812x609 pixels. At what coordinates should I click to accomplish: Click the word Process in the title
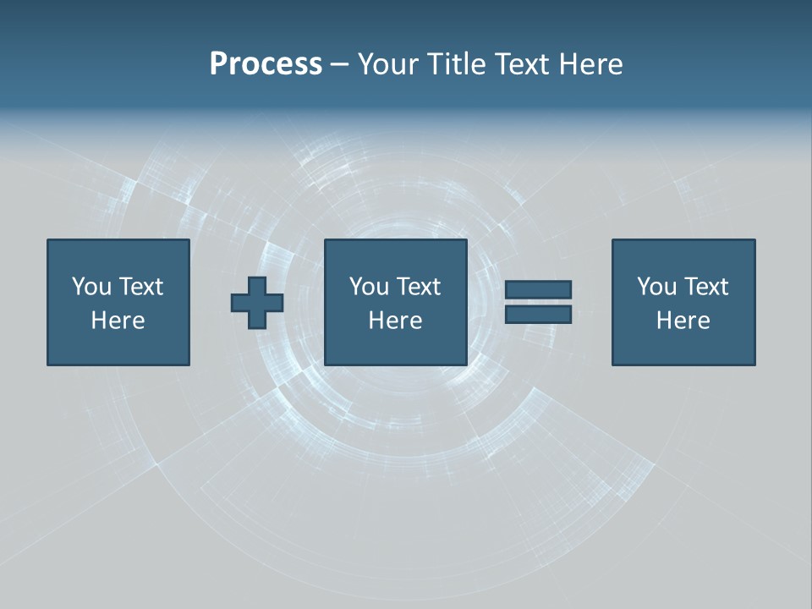(x=266, y=64)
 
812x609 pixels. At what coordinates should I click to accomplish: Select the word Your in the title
(x=388, y=64)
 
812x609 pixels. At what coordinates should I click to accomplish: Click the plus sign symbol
(x=257, y=303)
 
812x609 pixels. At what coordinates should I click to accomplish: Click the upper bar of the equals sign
(x=538, y=289)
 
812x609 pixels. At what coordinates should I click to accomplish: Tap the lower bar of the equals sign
(x=538, y=315)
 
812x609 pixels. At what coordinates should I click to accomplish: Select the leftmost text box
(x=118, y=302)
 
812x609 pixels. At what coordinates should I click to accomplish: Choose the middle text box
(x=396, y=302)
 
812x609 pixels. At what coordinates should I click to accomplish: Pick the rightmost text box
(x=683, y=302)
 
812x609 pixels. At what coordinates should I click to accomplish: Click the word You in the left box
(x=91, y=287)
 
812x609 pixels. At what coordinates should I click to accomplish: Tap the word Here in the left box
(x=118, y=321)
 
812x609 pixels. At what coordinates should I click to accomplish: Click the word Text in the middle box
(x=418, y=287)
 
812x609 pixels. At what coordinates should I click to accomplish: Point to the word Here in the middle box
(x=396, y=321)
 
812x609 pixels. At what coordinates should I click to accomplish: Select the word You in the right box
(x=656, y=287)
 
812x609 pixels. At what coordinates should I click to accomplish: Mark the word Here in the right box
(x=683, y=321)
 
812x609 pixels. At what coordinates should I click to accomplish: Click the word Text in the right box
(x=705, y=287)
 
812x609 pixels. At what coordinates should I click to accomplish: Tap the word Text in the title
(x=520, y=64)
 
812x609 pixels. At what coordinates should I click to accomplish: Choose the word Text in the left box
(x=140, y=287)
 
